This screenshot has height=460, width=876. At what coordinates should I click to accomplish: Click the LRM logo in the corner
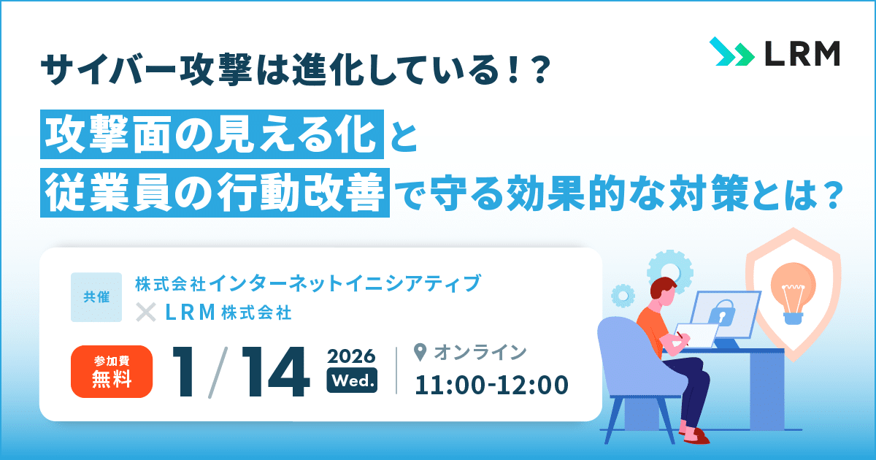pos(774,53)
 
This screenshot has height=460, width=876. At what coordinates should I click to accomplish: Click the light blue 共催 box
pos(96,297)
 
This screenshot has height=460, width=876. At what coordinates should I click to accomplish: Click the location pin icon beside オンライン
pos(420,353)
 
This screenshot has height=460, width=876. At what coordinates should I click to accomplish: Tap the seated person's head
pos(661,291)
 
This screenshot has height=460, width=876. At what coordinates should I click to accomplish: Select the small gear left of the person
pos(623,296)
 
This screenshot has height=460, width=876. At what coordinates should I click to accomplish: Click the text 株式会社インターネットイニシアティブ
pos(307,283)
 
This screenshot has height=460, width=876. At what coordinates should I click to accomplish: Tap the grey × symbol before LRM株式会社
pos(147,313)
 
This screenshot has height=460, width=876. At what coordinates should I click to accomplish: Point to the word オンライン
pos(480,353)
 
